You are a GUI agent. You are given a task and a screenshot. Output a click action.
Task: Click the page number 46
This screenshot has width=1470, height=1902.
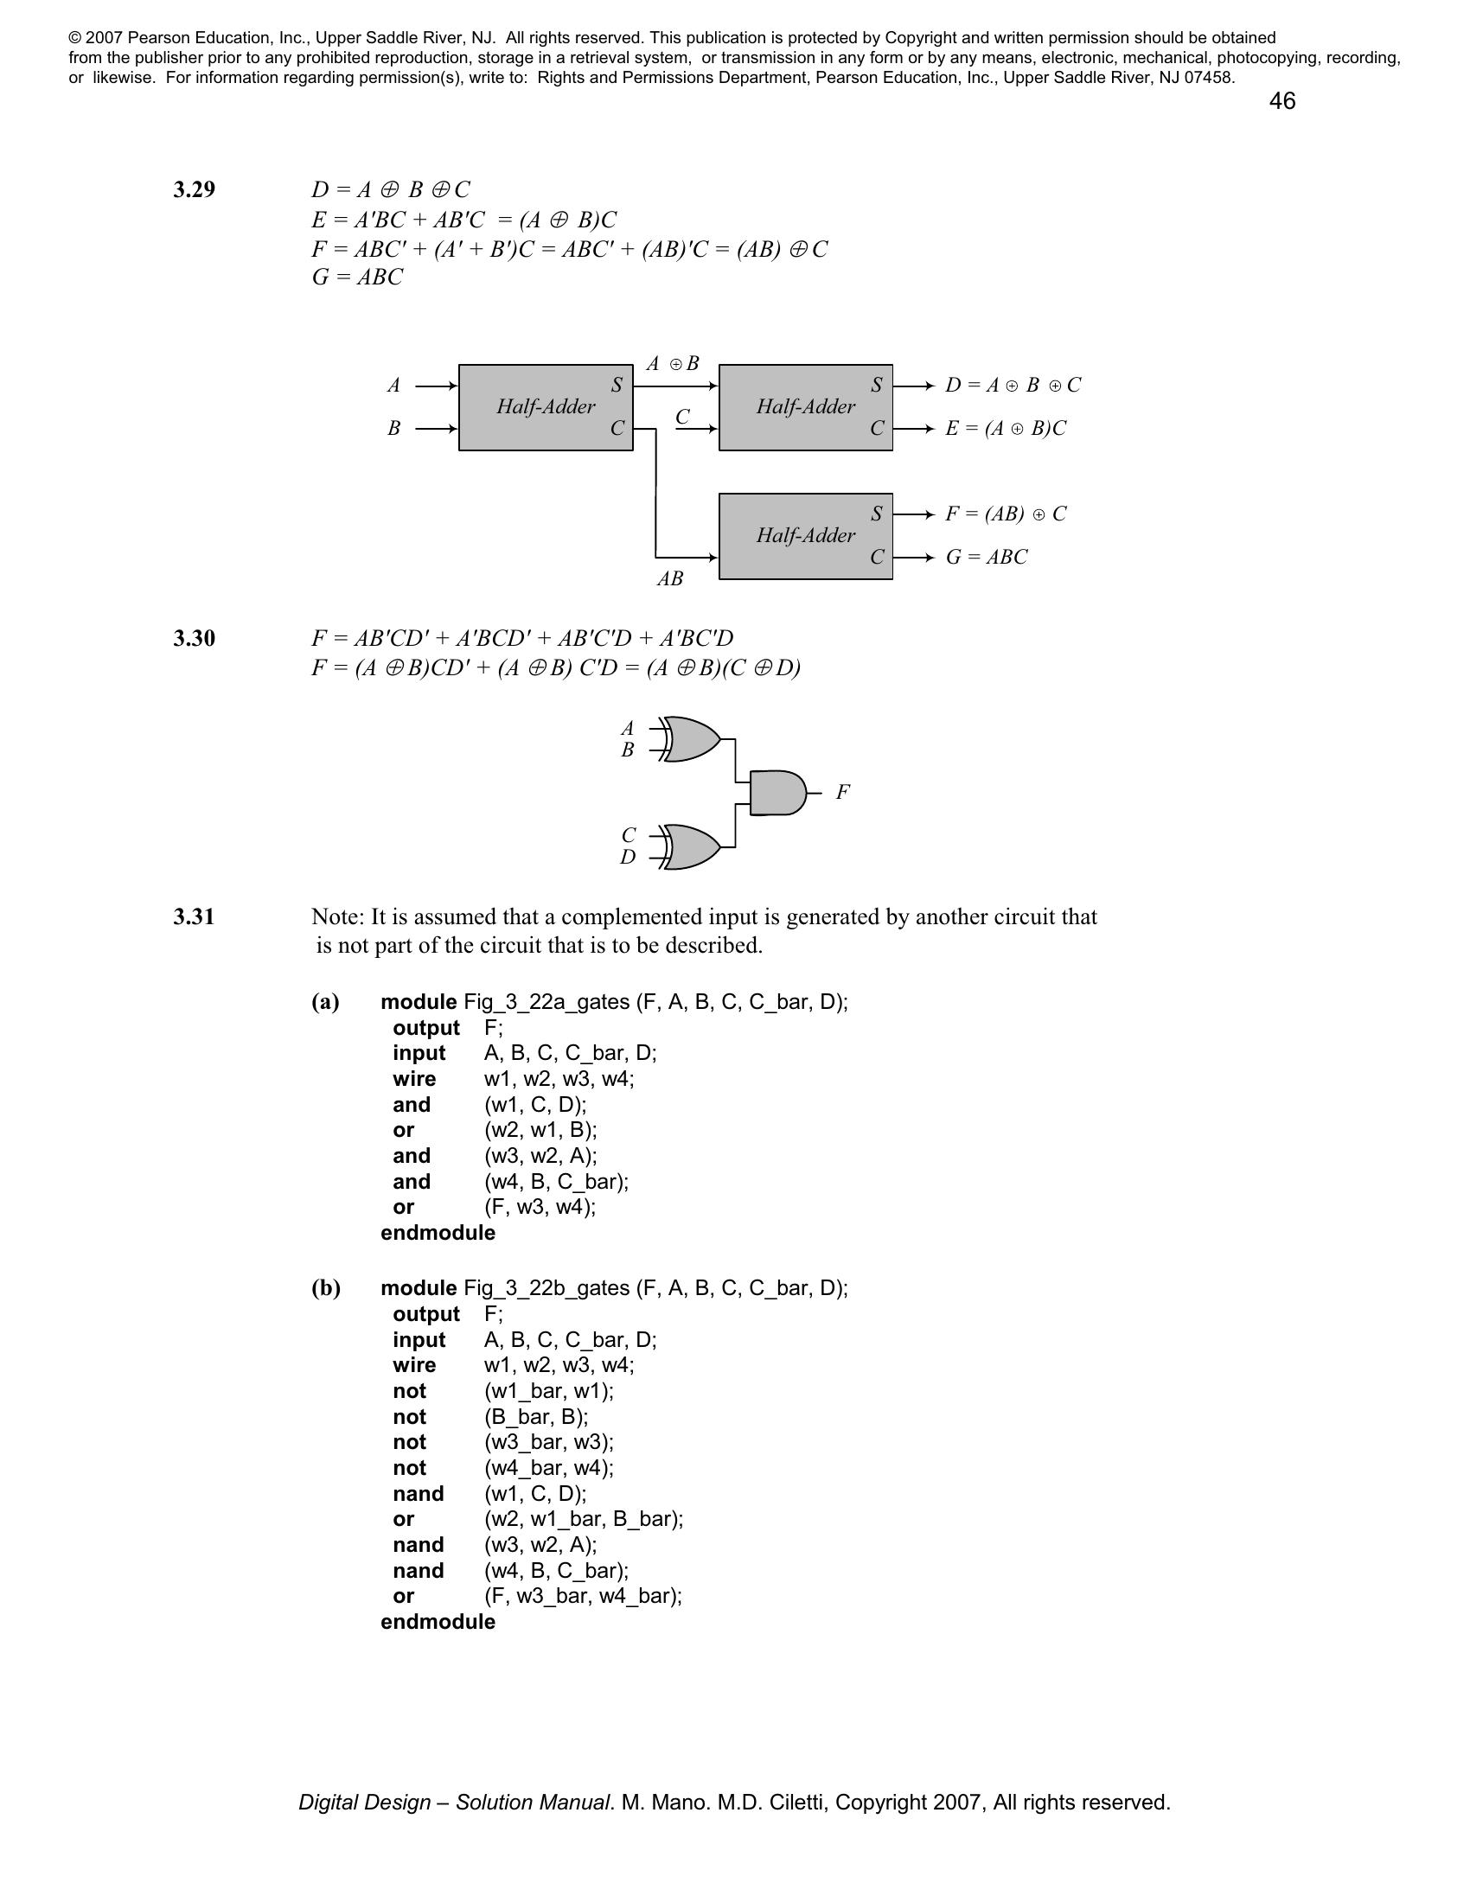pyautogui.click(x=1281, y=101)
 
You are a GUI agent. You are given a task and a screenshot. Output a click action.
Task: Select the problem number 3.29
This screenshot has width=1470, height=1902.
pyautogui.click(x=194, y=190)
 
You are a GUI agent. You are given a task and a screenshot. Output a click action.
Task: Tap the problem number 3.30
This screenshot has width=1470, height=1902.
pyautogui.click(x=194, y=638)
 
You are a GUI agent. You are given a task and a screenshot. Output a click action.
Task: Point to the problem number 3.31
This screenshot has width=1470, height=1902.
pyautogui.click(x=194, y=916)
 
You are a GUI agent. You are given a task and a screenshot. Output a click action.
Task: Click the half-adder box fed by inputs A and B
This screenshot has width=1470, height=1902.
pyautogui.click(x=545, y=406)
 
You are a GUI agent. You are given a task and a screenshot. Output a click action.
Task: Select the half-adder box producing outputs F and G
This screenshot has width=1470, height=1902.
pyautogui.click(x=805, y=536)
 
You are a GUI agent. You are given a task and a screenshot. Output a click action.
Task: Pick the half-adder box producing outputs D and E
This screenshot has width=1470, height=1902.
pyautogui.click(x=805, y=406)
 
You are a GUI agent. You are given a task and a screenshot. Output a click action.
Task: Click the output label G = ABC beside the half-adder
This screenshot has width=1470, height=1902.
pyautogui.click(x=987, y=558)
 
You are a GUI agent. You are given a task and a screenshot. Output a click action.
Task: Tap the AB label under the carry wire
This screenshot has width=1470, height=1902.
pyautogui.click(x=669, y=578)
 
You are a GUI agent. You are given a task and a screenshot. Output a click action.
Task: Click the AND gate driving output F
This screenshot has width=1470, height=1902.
pyautogui.click(x=776, y=793)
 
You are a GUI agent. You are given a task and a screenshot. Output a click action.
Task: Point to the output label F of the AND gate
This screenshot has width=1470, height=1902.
pyautogui.click(x=842, y=793)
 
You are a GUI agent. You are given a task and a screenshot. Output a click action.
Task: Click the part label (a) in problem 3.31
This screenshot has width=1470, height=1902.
pyautogui.click(x=326, y=1001)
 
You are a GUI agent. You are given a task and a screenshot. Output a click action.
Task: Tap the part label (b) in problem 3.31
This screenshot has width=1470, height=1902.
pyautogui.click(x=326, y=1287)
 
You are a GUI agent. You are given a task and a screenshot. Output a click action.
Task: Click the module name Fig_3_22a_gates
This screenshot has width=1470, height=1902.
pyautogui.click(x=546, y=1001)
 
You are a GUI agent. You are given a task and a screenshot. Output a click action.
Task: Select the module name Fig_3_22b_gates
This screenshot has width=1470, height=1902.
pyautogui.click(x=546, y=1287)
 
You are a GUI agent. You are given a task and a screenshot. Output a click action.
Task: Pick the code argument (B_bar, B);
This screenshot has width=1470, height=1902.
pyautogui.click(x=535, y=1416)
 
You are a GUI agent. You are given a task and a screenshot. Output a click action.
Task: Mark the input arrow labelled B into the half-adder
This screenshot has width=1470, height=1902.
pyautogui.click(x=437, y=429)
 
